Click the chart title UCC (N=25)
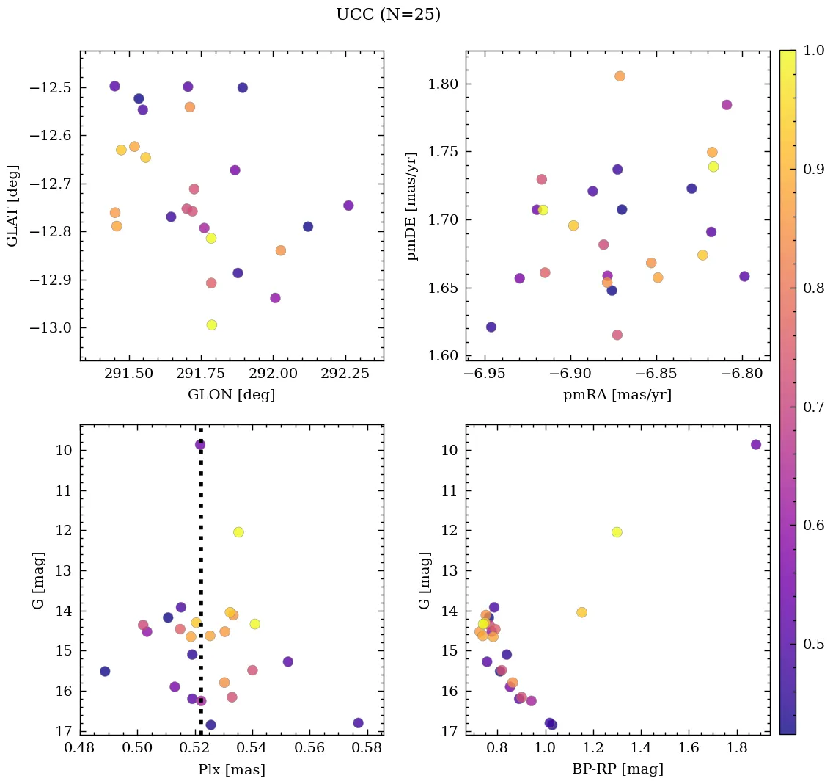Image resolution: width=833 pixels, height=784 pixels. (388, 15)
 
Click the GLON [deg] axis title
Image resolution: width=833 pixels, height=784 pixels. (232, 395)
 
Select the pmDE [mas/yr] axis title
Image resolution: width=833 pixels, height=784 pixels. (412, 206)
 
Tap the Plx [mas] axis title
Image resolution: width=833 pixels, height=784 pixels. (232, 770)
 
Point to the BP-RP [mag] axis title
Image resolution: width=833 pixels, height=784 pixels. (617, 770)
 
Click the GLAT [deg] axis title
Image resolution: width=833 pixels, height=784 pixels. (12, 206)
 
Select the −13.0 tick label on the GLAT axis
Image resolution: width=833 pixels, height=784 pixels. (49, 328)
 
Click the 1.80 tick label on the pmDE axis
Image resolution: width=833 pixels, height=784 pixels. (441, 84)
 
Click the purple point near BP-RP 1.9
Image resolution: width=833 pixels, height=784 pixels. (756, 445)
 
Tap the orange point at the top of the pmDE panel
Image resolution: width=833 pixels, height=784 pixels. (620, 76)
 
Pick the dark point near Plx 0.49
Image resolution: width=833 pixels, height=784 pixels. (105, 672)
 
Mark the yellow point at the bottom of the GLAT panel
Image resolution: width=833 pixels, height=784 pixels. (212, 325)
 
